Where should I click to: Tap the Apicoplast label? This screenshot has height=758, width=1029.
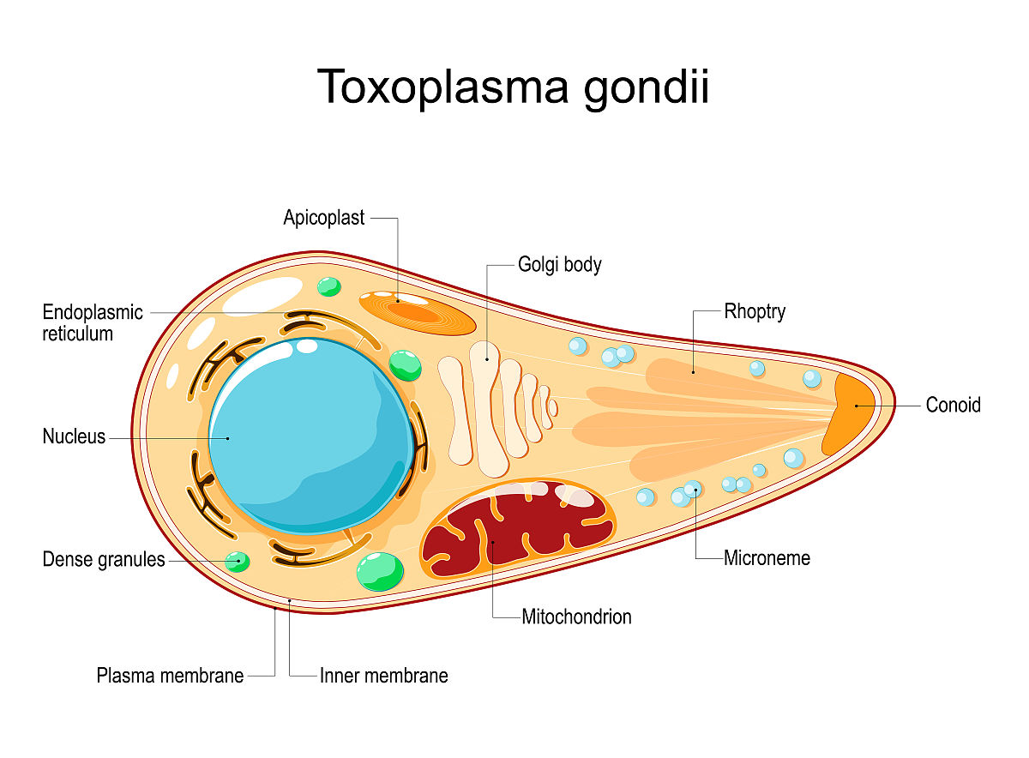click(323, 218)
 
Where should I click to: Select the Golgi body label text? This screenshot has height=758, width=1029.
click(559, 264)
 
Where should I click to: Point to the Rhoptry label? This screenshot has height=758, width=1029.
click(755, 311)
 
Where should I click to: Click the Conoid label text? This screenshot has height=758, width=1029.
click(953, 405)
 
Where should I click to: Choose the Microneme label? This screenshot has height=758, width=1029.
click(767, 558)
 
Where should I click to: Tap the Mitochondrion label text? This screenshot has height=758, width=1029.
click(576, 616)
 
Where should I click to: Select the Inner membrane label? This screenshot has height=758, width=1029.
click(383, 676)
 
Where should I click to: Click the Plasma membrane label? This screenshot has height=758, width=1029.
click(170, 676)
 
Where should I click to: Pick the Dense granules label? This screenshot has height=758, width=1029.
click(103, 560)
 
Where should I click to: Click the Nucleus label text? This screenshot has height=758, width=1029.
click(74, 436)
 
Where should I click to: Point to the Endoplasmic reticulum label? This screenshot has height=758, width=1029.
click(93, 323)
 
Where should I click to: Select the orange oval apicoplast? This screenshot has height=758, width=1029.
click(417, 313)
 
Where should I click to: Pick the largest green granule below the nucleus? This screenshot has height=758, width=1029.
click(379, 571)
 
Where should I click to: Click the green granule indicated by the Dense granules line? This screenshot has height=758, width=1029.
click(237, 562)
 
